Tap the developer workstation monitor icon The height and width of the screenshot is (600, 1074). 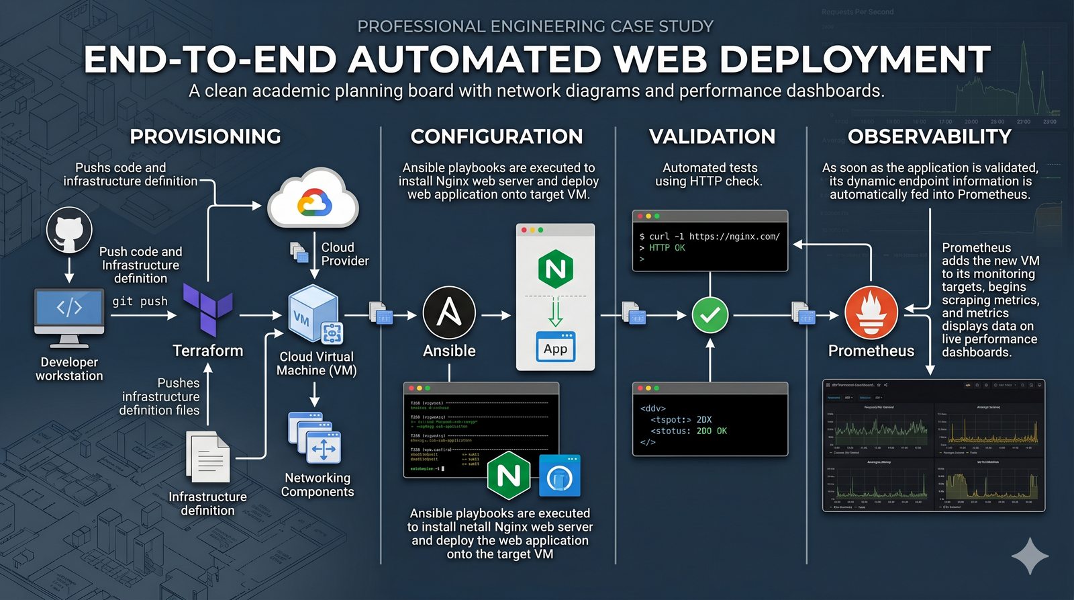69,313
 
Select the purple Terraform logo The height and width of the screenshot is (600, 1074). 208,309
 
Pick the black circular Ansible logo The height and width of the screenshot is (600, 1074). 449,313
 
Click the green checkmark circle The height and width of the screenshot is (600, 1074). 710,314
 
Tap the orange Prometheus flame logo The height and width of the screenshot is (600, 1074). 871,313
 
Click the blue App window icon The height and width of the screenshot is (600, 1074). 555,347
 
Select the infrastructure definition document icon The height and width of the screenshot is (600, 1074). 209,457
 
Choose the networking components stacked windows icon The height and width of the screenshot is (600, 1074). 315,438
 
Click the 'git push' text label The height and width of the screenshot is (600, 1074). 140,301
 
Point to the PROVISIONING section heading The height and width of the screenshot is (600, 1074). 205,136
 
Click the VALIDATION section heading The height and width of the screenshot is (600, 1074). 712,136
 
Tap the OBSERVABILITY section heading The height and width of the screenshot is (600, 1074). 929,136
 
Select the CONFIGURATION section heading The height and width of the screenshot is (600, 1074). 497,136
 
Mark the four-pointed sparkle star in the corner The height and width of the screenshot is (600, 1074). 1030,556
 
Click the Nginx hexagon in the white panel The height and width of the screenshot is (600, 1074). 556,269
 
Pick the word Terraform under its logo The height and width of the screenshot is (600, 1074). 208,351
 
